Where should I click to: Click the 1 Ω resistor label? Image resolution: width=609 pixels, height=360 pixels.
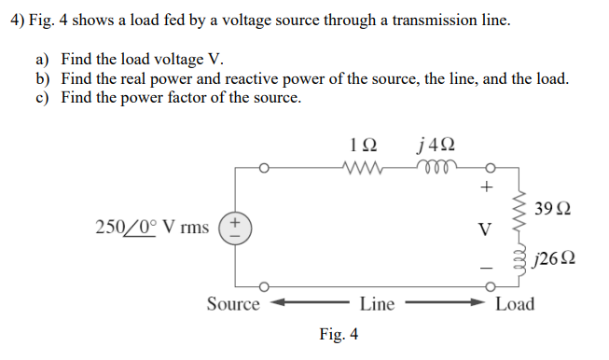361,145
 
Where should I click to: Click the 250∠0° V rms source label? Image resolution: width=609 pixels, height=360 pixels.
152,228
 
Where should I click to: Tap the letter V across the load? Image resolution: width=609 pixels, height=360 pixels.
484,227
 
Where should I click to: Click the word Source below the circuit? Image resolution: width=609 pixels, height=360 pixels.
233,303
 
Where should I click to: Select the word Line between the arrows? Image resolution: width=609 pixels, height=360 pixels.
377,303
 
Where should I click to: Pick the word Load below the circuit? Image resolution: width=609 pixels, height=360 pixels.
515,303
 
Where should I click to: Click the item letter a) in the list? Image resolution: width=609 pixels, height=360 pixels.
42,61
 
